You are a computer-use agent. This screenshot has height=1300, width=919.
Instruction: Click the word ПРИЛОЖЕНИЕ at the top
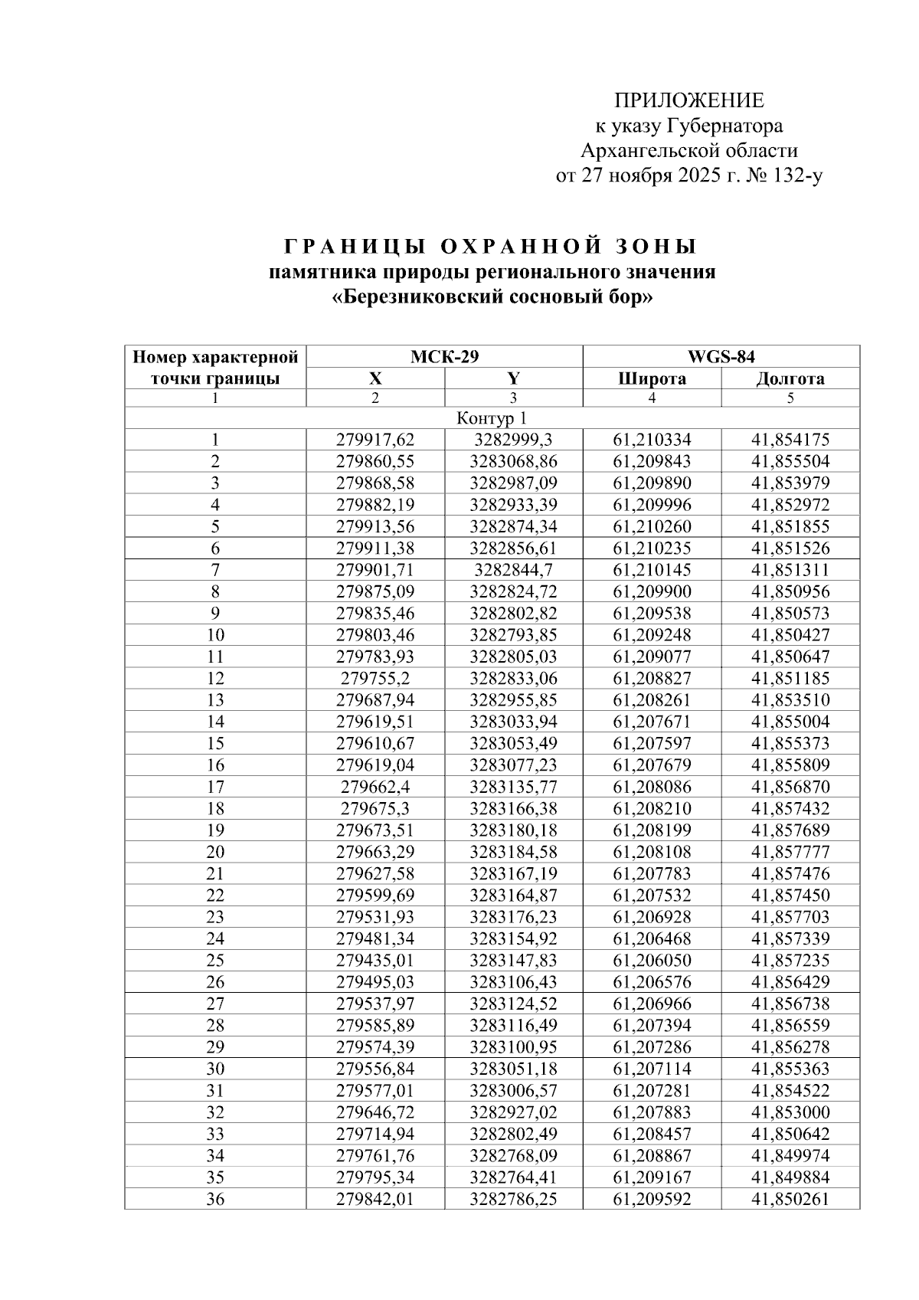coord(689,100)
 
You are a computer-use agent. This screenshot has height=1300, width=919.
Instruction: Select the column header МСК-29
coord(444,356)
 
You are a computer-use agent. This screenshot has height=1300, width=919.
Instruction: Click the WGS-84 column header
coord(721,356)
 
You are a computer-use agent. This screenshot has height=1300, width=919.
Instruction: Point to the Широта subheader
coord(652,378)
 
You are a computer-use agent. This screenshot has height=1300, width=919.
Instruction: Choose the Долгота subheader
coord(790,378)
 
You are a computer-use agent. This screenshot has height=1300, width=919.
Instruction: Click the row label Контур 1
coord(492,418)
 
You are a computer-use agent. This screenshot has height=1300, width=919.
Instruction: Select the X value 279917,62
coord(375,440)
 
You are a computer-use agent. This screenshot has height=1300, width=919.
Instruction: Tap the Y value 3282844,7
coord(513,570)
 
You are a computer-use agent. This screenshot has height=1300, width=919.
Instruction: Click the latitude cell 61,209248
coord(652,635)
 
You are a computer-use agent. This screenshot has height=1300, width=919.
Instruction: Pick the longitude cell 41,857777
coord(790,852)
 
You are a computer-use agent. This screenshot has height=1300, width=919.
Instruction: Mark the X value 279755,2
coord(375,678)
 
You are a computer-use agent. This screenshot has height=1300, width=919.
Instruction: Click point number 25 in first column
coord(215,960)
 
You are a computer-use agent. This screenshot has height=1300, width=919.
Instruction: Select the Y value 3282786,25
coord(513,1199)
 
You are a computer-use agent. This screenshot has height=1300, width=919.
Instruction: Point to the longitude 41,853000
coord(790,1112)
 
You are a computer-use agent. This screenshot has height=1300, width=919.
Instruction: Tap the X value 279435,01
coord(375,960)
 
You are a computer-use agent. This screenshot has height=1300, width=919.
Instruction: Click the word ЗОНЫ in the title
coord(656,247)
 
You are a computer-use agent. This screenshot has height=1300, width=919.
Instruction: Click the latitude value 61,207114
coord(652,1069)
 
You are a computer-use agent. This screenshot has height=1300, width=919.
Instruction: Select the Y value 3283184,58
coord(513,852)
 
